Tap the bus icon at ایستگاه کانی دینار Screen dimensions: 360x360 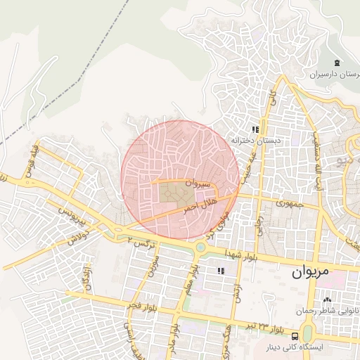pyautogui.click(x=307, y=335)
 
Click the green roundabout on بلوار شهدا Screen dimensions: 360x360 pyautogui.click(x=201, y=247)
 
